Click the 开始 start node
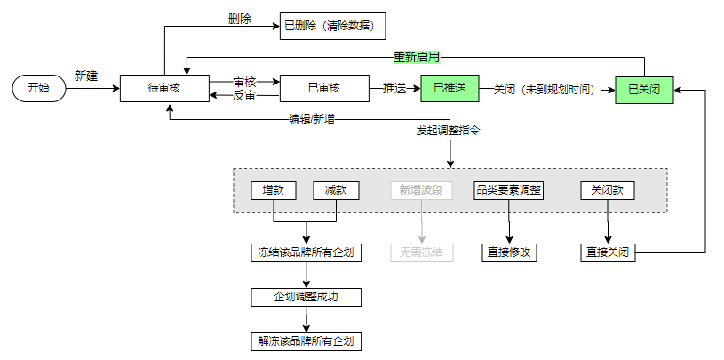tap(38, 88)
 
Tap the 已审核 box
tap(324, 88)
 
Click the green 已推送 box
tap(450, 88)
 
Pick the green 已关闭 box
tap(644, 89)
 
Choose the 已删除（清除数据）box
tap(333, 26)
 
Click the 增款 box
tap(274, 190)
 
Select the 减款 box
tap(336, 190)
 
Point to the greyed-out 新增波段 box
tap(422, 190)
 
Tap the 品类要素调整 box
tap(509, 190)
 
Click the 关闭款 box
tap(608, 190)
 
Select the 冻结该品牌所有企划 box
tap(306, 252)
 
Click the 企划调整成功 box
tap(306, 297)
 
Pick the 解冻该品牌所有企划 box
tap(306, 341)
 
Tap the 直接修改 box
tap(509, 252)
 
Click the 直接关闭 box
tap(608, 252)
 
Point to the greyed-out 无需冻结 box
tap(422, 252)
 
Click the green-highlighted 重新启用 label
tap(417, 57)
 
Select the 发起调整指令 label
tap(449, 132)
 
